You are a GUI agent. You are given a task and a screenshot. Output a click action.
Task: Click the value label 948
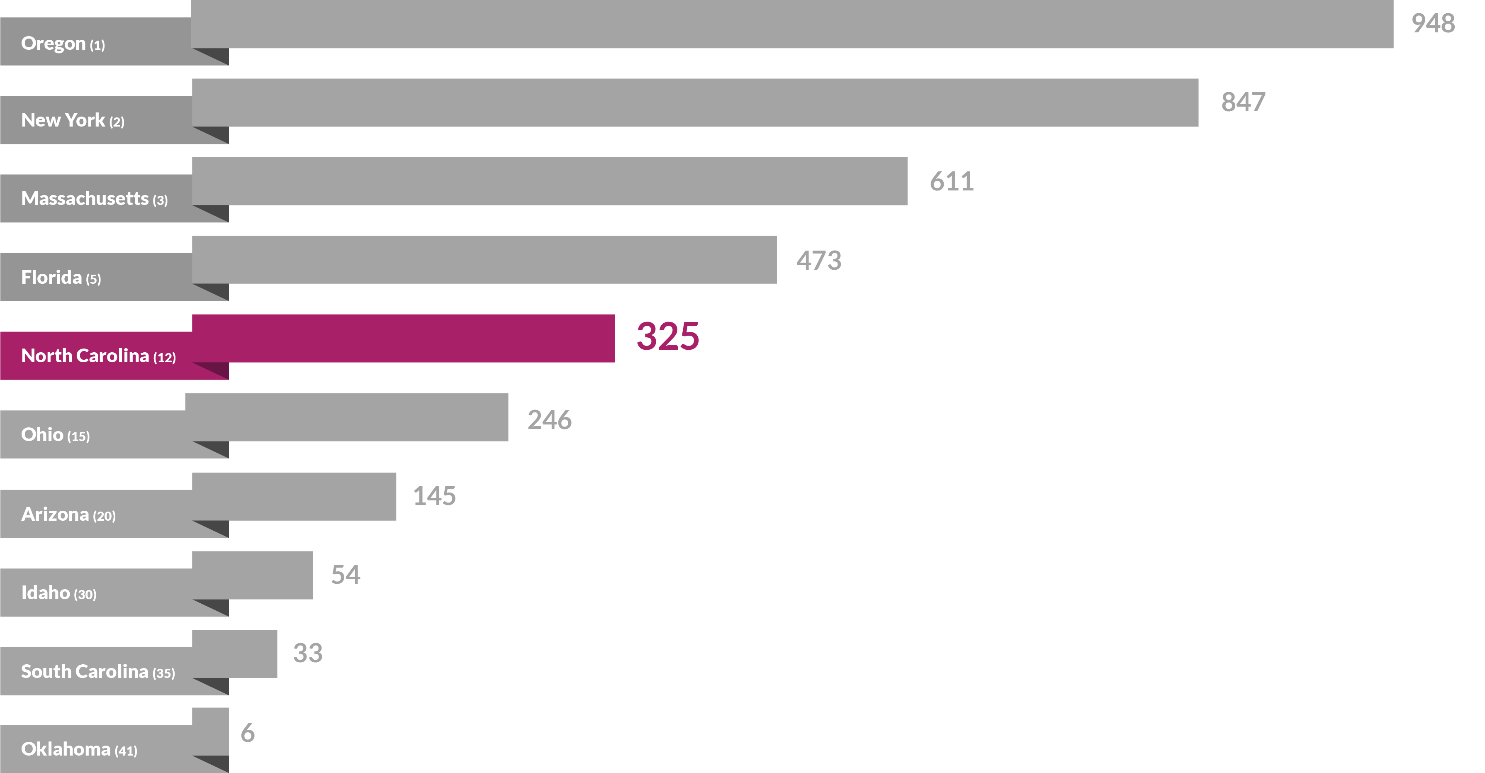point(1433,24)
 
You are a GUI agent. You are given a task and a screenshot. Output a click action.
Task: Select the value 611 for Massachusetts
point(951,182)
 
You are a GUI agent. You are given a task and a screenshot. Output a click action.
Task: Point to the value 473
point(818,261)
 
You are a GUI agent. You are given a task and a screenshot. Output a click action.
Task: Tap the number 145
point(434,496)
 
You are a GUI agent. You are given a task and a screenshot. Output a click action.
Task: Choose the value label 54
point(345,575)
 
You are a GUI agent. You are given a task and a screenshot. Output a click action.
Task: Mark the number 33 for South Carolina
point(307,653)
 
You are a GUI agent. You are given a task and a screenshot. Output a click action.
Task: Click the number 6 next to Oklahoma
point(247,733)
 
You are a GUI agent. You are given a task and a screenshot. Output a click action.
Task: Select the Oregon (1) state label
point(63,44)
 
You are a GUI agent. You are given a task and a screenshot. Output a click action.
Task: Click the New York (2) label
point(73,120)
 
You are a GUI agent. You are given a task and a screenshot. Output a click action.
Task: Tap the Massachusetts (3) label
point(94,199)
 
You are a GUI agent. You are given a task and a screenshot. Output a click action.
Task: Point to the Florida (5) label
point(61,278)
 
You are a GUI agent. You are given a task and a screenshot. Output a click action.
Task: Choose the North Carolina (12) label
point(98,356)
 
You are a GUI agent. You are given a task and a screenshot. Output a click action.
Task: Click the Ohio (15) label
point(55,435)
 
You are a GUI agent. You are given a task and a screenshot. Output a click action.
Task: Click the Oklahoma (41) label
point(79,749)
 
